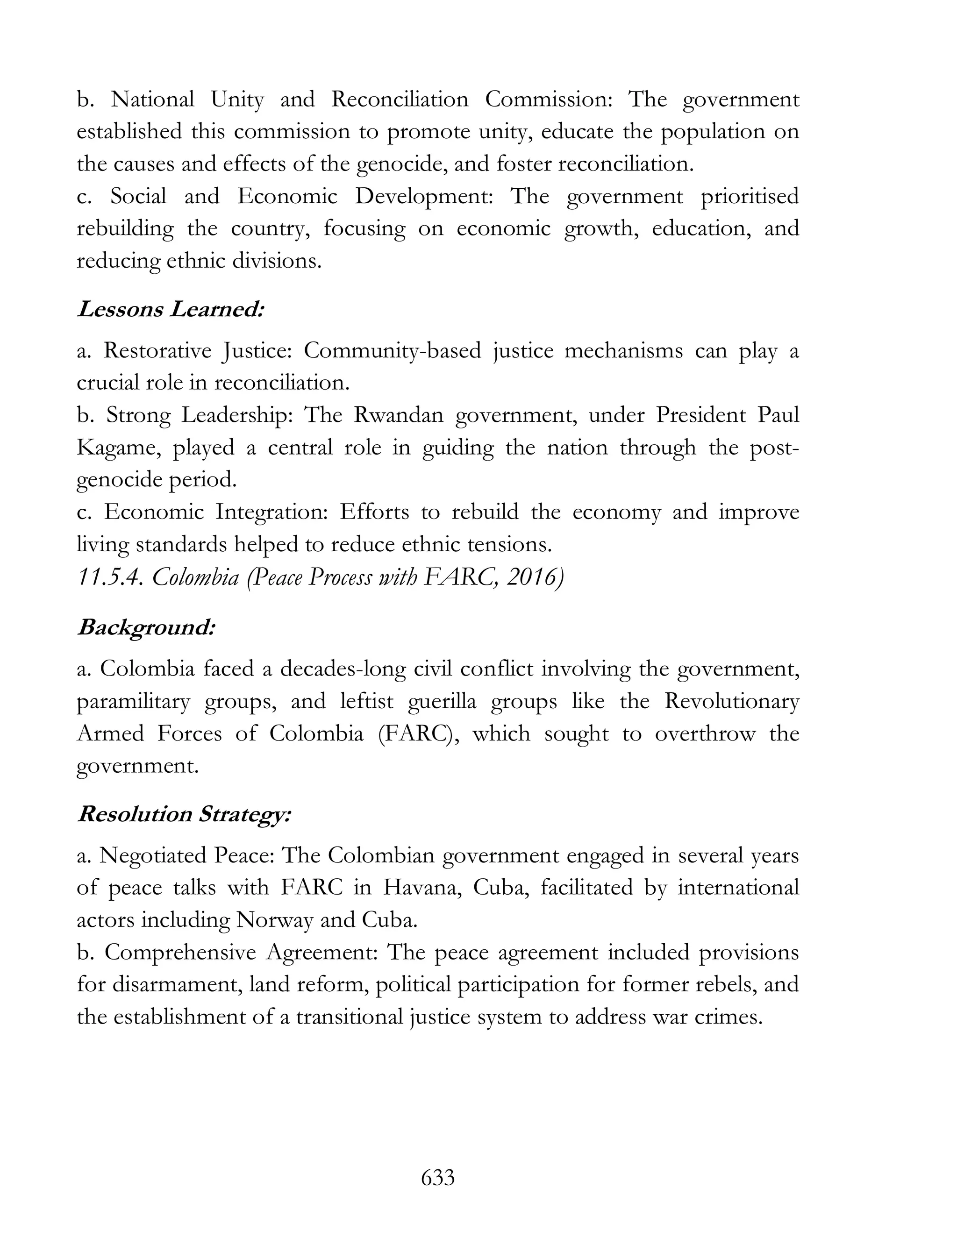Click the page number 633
tap(438, 1177)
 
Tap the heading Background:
tap(146, 627)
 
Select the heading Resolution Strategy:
tap(184, 814)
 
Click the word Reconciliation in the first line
tap(400, 100)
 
